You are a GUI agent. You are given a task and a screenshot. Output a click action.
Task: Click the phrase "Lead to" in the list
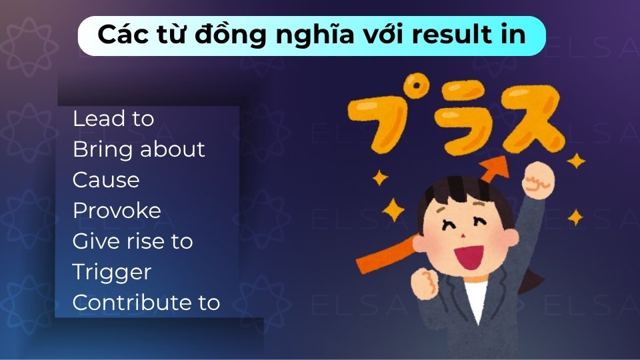tap(113, 119)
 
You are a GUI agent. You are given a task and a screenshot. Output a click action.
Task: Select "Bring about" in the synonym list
tap(138, 149)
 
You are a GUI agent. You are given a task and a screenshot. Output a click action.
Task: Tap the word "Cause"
tap(105, 180)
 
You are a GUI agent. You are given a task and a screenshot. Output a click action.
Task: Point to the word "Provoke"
tap(116, 211)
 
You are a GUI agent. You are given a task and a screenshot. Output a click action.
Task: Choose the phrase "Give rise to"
tap(132, 241)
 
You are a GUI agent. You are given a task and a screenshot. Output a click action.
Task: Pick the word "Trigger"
tap(111, 272)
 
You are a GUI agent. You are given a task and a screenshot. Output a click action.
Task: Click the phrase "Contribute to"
tap(145, 303)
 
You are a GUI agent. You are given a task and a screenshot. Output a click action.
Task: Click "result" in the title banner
tap(459, 35)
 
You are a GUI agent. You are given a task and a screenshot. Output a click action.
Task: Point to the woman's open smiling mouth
tap(470, 253)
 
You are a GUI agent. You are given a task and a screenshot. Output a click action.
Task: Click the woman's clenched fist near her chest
tap(422, 283)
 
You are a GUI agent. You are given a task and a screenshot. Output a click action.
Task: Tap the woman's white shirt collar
tap(475, 297)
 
